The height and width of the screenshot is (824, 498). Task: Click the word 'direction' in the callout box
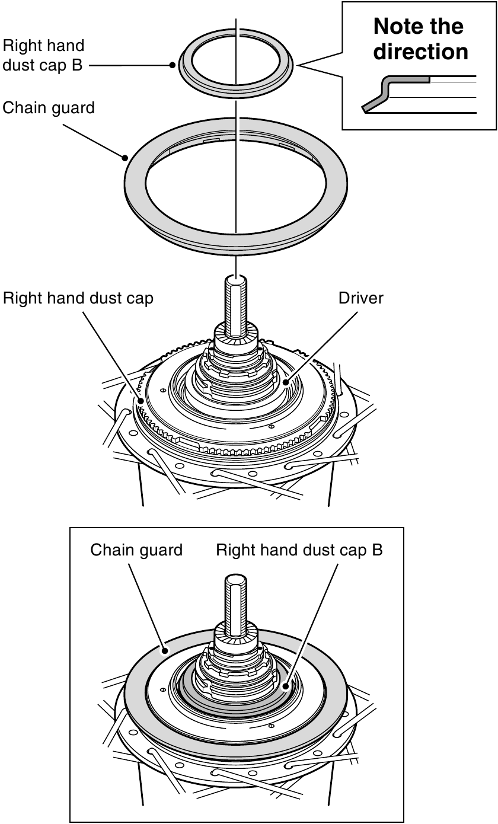pyautogui.click(x=420, y=52)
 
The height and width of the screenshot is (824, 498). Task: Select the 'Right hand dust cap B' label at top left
pyautogui.click(x=43, y=55)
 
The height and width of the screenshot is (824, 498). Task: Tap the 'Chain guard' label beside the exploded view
pyautogui.click(x=48, y=108)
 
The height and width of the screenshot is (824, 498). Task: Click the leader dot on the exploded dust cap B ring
pyautogui.click(x=171, y=66)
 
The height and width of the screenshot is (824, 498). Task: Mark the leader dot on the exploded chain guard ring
pyautogui.click(x=125, y=158)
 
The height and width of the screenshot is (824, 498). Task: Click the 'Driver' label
pyautogui.click(x=360, y=298)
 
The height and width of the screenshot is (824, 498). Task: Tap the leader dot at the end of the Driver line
pyautogui.click(x=286, y=382)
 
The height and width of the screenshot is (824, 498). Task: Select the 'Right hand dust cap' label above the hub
pyautogui.click(x=78, y=298)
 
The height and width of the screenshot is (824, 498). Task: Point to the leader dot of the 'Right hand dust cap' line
pyautogui.click(x=142, y=401)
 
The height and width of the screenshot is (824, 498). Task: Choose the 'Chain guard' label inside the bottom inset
pyautogui.click(x=136, y=550)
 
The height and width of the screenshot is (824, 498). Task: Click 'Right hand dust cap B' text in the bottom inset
pyautogui.click(x=299, y=550)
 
